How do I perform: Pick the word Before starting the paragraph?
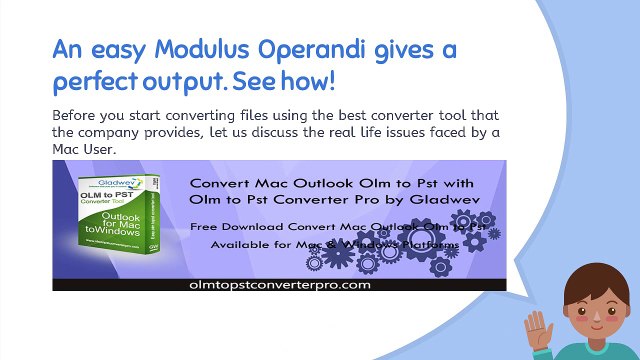pos(78,116)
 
